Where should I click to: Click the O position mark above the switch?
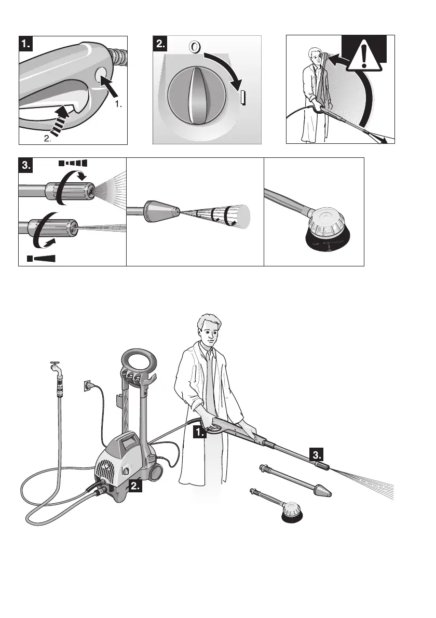click(194, 47)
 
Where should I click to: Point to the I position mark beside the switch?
click(242, 98)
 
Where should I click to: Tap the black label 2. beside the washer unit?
click(134, 487)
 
